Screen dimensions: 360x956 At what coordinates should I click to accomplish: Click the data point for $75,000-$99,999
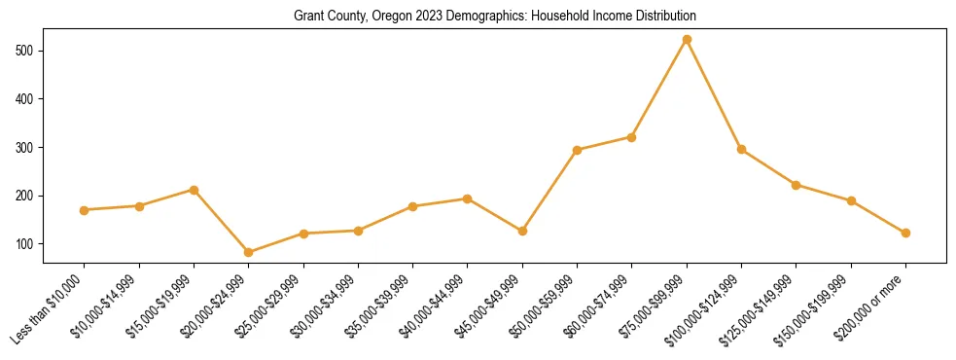click(687, 40)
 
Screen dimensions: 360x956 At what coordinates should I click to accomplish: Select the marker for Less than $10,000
click(85, 210)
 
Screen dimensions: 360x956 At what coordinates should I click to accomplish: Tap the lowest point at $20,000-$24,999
click(249, 252)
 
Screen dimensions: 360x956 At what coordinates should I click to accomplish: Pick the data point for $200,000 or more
click(905, 233)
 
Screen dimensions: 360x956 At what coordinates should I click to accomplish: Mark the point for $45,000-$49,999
click(522, 231)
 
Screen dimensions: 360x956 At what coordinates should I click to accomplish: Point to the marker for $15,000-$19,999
click(195, 190)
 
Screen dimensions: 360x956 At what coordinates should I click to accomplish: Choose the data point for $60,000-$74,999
click(632, 137)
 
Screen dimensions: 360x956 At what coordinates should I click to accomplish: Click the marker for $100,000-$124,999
click(741, 149)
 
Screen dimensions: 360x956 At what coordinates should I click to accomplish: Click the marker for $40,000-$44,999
click(468, 198)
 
